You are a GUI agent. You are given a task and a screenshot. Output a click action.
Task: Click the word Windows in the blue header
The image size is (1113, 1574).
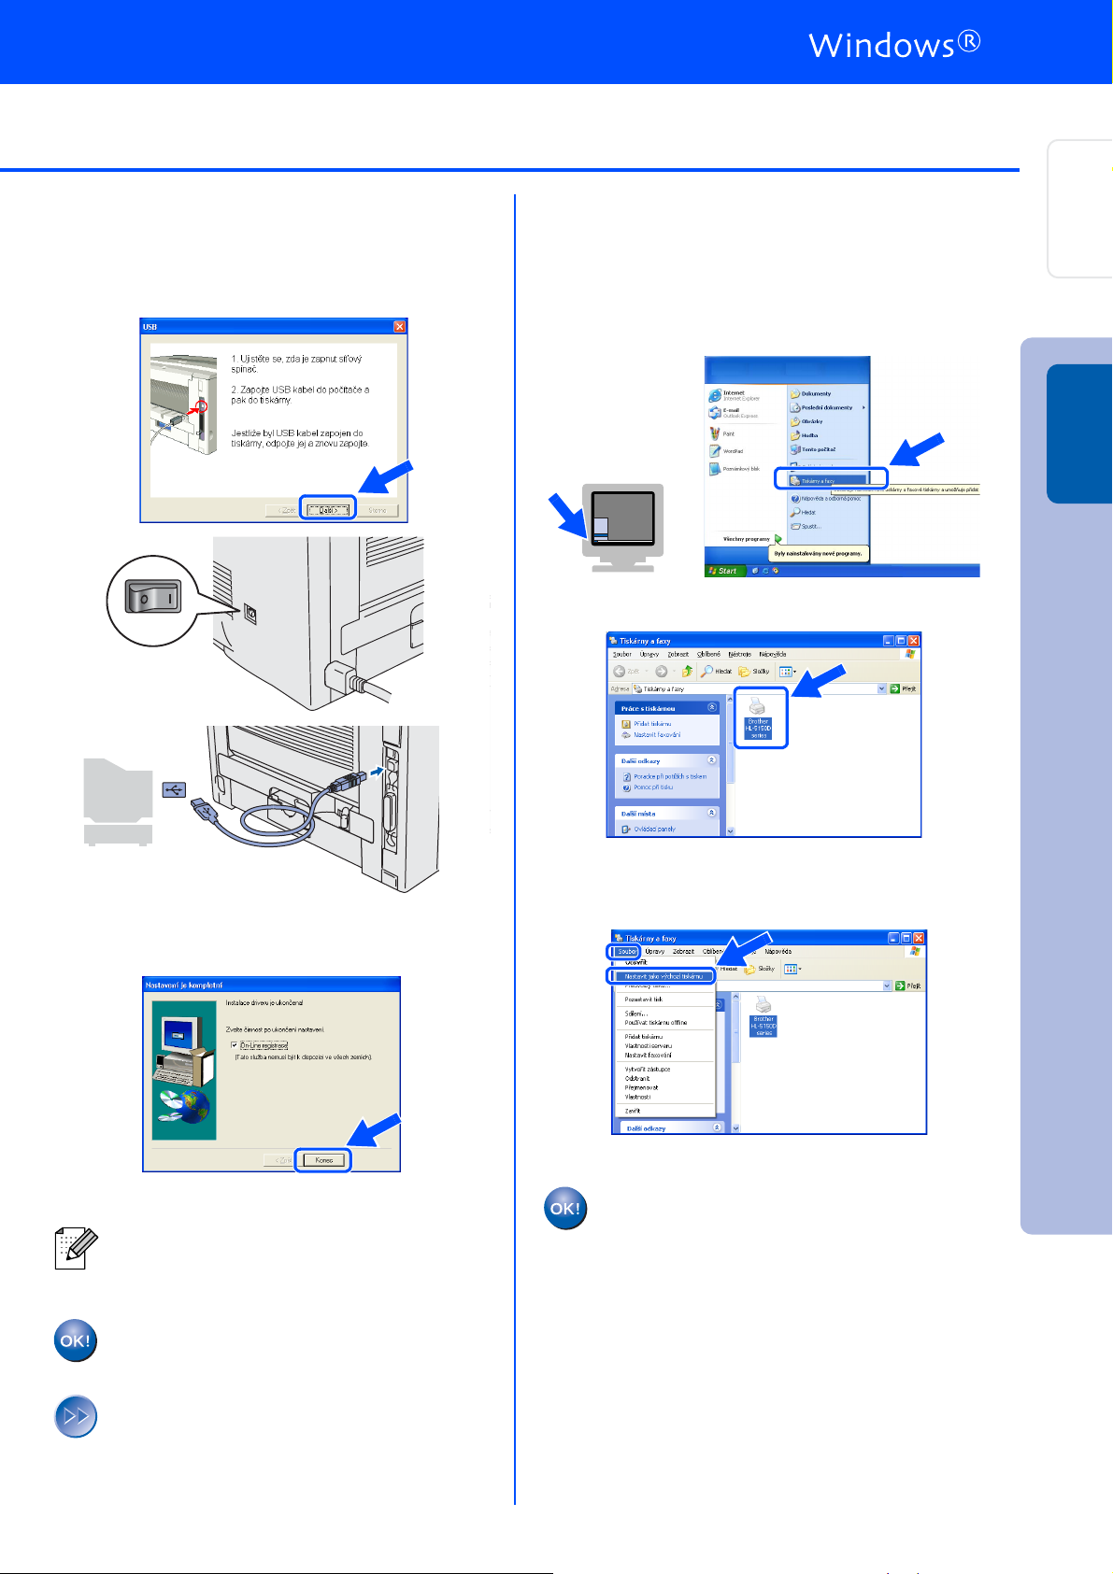pos(881,45)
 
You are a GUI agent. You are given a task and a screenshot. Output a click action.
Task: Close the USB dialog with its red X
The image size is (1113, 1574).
pos(400,326)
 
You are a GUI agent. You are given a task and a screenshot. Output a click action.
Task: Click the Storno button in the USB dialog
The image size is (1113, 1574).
pos(378,510)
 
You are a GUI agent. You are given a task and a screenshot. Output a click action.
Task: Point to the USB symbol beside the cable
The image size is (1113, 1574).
pos(174,790)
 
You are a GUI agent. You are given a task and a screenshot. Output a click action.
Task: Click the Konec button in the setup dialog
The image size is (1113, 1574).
pos(323,1160)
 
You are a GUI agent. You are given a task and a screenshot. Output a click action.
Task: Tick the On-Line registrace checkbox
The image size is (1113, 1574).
pos(235,1045)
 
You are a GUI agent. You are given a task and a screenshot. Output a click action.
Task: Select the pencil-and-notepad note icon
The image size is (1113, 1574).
pos(75,1249)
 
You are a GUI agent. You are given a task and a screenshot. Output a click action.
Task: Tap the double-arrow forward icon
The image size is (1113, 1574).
pos(76,1416)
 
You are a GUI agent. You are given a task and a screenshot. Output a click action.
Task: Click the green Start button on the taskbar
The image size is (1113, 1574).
pos(723,570)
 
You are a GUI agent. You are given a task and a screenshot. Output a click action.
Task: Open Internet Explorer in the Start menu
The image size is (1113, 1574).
pos(733,395)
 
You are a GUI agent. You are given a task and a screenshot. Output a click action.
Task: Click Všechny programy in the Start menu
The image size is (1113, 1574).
pos(747,539)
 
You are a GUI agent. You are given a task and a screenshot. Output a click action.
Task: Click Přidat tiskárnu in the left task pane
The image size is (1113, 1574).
pos(652,724)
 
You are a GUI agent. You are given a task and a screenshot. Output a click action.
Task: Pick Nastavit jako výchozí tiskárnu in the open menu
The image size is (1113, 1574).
pos(663,976)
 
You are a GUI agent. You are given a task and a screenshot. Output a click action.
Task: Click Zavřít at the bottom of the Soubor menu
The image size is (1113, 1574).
pos(633,1111)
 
